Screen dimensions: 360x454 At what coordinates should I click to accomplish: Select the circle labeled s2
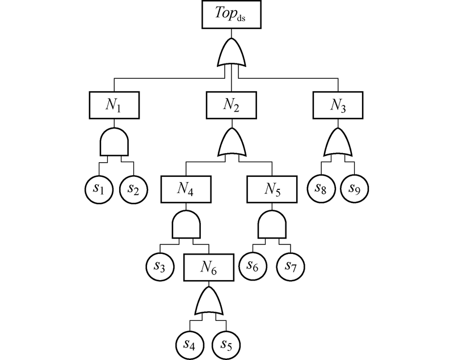(x=134, y=188)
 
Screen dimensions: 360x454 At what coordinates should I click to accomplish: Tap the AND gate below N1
(x=115, y=141)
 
